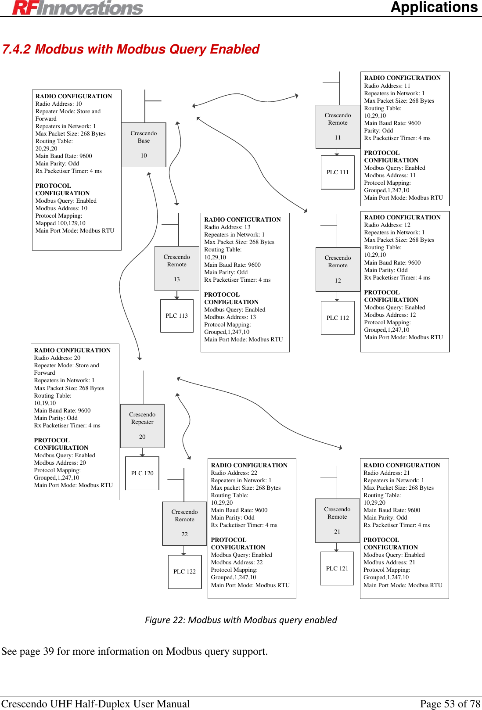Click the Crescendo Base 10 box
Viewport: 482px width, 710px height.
[x=144, y=144]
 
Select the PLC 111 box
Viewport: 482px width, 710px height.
[x=338, y=172]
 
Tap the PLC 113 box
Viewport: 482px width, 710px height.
[x=177, y=316]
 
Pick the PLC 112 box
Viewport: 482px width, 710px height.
[x=338, y=318]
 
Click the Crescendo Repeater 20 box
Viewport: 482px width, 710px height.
[x=142, y=426]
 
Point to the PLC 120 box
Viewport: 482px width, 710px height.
[x=142, y=473]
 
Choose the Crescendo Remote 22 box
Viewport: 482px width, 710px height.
[x=184, y=523]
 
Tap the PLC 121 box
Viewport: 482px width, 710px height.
[x=337, y=569]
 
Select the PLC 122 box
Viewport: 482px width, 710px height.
[x=184, y=572]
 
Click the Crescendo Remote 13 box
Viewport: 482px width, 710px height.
[x=177, y=268]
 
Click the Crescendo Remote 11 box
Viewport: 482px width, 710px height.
[x=338, y=126]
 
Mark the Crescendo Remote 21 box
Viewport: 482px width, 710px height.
[x=337, y=520]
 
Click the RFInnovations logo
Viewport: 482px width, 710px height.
[x=78, y=7]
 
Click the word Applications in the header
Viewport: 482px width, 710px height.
[x=434, y=7]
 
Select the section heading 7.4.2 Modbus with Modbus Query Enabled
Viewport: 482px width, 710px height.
[x=131, y=49]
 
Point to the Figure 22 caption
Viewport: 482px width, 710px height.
[x=241, y=620]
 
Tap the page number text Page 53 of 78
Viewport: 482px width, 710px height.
[x=450, y=704]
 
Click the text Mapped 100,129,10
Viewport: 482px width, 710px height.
[x=61, y=223]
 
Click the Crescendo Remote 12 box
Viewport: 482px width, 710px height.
[x=338, y=269]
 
